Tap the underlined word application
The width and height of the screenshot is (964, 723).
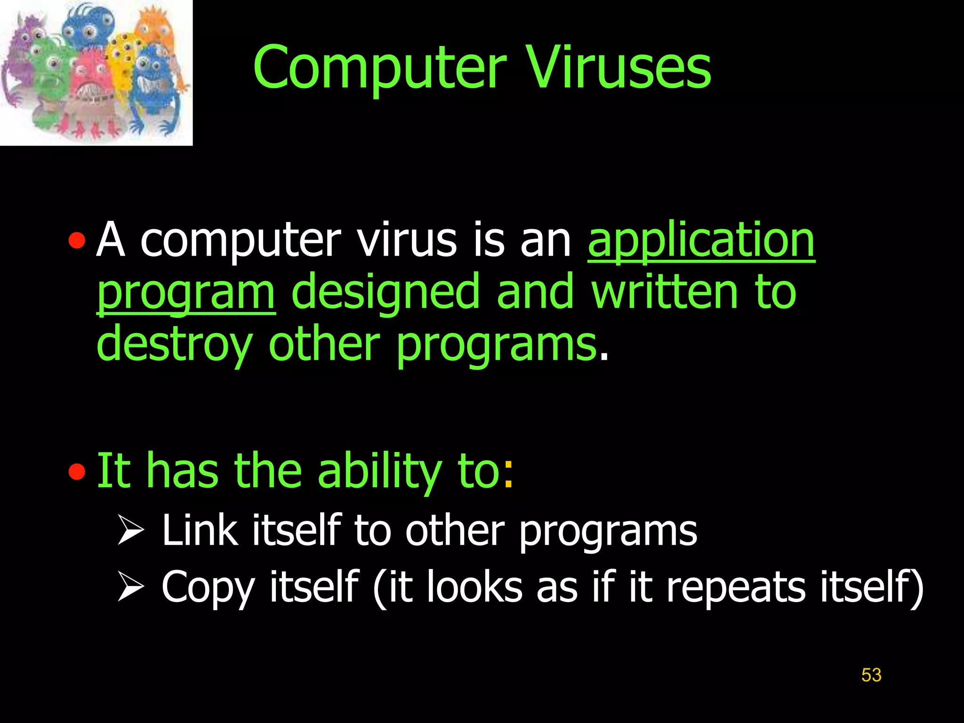(x=701, y=241)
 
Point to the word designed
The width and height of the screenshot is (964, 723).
(x=385, y=293)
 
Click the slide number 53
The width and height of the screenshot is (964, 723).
(x=871, y=675)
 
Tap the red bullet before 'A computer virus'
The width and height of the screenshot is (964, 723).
(x=77, y=241)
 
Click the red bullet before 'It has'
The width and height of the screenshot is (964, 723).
(x=77, y=471)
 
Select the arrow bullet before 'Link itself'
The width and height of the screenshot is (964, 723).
(x=130, y=530)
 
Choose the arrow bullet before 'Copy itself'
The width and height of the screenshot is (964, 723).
(x=130, y=586)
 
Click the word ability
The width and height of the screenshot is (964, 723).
(x=379, y=471)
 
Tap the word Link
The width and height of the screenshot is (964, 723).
(x=200, y=530)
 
